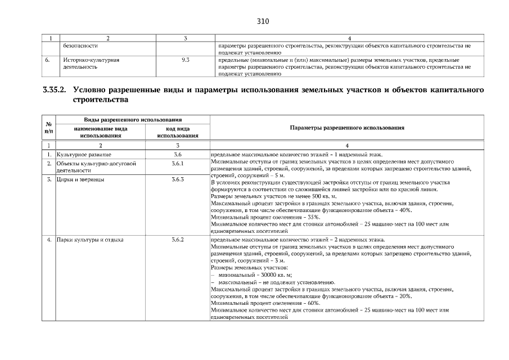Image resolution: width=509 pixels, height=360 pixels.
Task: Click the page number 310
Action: coord(263,21)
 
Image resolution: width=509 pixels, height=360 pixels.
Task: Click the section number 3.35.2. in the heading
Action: coord(55,90)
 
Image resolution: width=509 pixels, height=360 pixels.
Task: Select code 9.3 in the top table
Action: coord(185,58)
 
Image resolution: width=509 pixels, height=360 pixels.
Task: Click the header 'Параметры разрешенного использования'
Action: coord(346,128)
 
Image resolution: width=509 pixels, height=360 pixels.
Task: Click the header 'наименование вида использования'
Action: coord(101,132)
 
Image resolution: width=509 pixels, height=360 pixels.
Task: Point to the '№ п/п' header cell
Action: coord(49,128)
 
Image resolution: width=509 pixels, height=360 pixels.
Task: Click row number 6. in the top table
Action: coord(49,58)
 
